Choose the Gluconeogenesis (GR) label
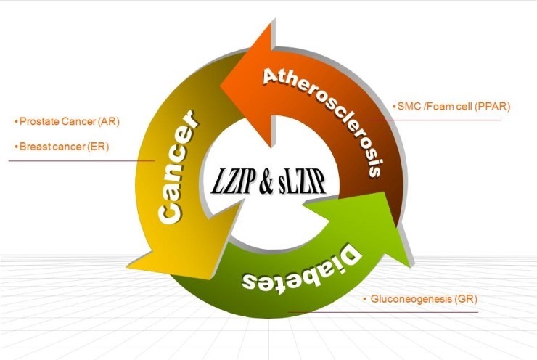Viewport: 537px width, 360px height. point(420,298)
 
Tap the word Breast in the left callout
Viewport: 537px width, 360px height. point(32,146)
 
